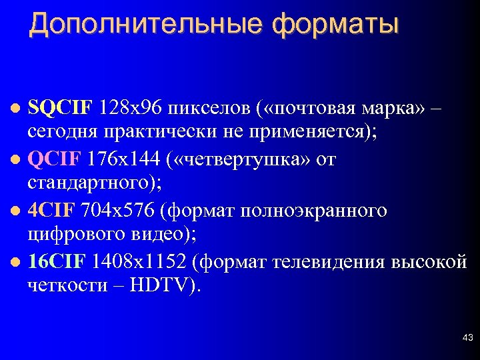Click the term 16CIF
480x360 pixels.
click(57, 262)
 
